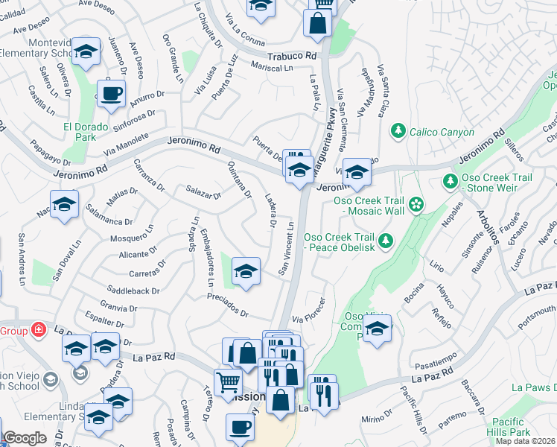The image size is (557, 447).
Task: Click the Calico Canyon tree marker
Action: tap(398, 132)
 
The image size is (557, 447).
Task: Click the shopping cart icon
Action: tap(229, 383)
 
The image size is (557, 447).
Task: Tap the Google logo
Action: tap(25, 438)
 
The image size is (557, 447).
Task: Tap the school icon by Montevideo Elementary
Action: tap(87, 52)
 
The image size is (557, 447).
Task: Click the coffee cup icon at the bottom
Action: tap(240, 428)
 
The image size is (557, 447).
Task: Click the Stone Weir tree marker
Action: tap(451, 181)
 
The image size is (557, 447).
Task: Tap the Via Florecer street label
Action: tap(309, 311)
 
